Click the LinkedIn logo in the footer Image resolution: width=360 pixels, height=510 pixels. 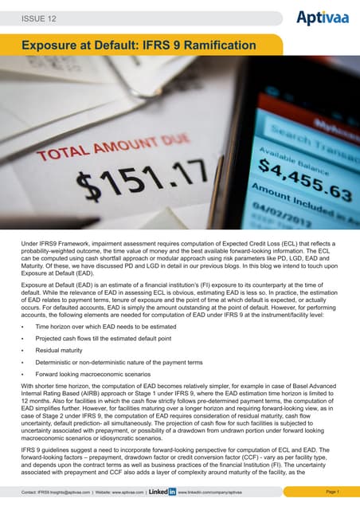(x=162, y=492)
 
